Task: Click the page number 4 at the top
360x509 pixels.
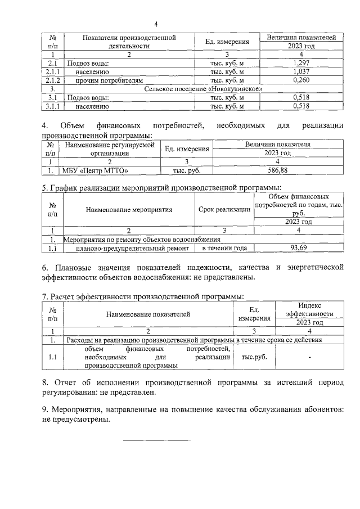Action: click(156, 24)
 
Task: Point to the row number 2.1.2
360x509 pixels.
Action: click(52, 80)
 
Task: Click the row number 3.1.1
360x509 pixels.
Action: click(52, 106)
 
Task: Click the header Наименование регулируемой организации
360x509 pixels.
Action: click(110, 148)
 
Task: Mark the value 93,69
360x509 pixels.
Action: click(298, 247)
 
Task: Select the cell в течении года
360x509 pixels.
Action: click(224, 247)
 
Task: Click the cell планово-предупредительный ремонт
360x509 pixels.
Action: click(128, 247)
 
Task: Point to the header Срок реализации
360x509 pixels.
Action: click(224, 210)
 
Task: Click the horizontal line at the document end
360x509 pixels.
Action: click(157, 440)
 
